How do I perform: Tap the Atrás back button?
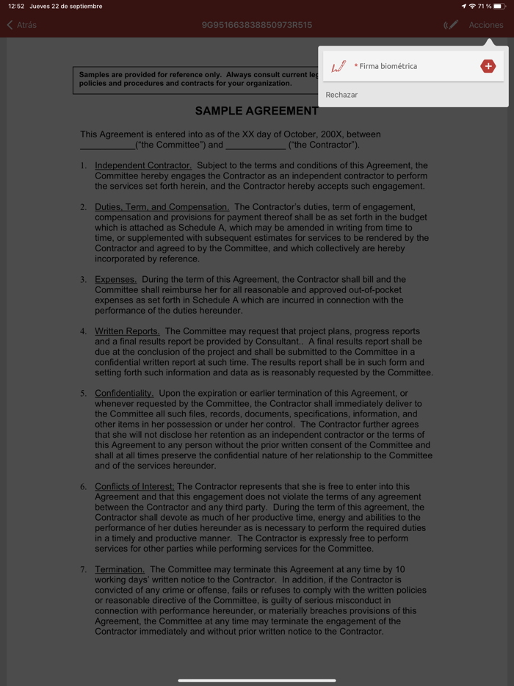[x=22, y=25]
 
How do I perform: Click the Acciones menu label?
[x=486, y=25]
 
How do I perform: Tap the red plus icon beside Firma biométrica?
[x=488, y=66]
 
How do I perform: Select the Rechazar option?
[x=341, y=95]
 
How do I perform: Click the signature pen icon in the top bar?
[x=451, y=25]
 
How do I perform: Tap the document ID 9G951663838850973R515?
[x=256, y=25]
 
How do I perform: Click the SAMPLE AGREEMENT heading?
[x=256, y=111]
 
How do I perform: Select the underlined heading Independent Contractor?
[x=143, y=165]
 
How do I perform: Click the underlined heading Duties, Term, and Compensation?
[x=162, y=207]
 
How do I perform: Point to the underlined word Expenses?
[x=115, y=279]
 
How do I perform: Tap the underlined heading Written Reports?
[x=127, y=331]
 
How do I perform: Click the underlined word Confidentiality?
[x=124, y=393]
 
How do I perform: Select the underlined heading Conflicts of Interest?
[x=134, y=486]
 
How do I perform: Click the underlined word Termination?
[x=120, y=569]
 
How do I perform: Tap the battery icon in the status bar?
[x=499, y=6]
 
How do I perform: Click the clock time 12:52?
[x=16, y=6]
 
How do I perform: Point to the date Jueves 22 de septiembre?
[x=66, y=6]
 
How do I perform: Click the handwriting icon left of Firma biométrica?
[x=339, y=66]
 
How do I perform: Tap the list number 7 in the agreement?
[x=83, y=569]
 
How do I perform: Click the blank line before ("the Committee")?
[x=107, y=145]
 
